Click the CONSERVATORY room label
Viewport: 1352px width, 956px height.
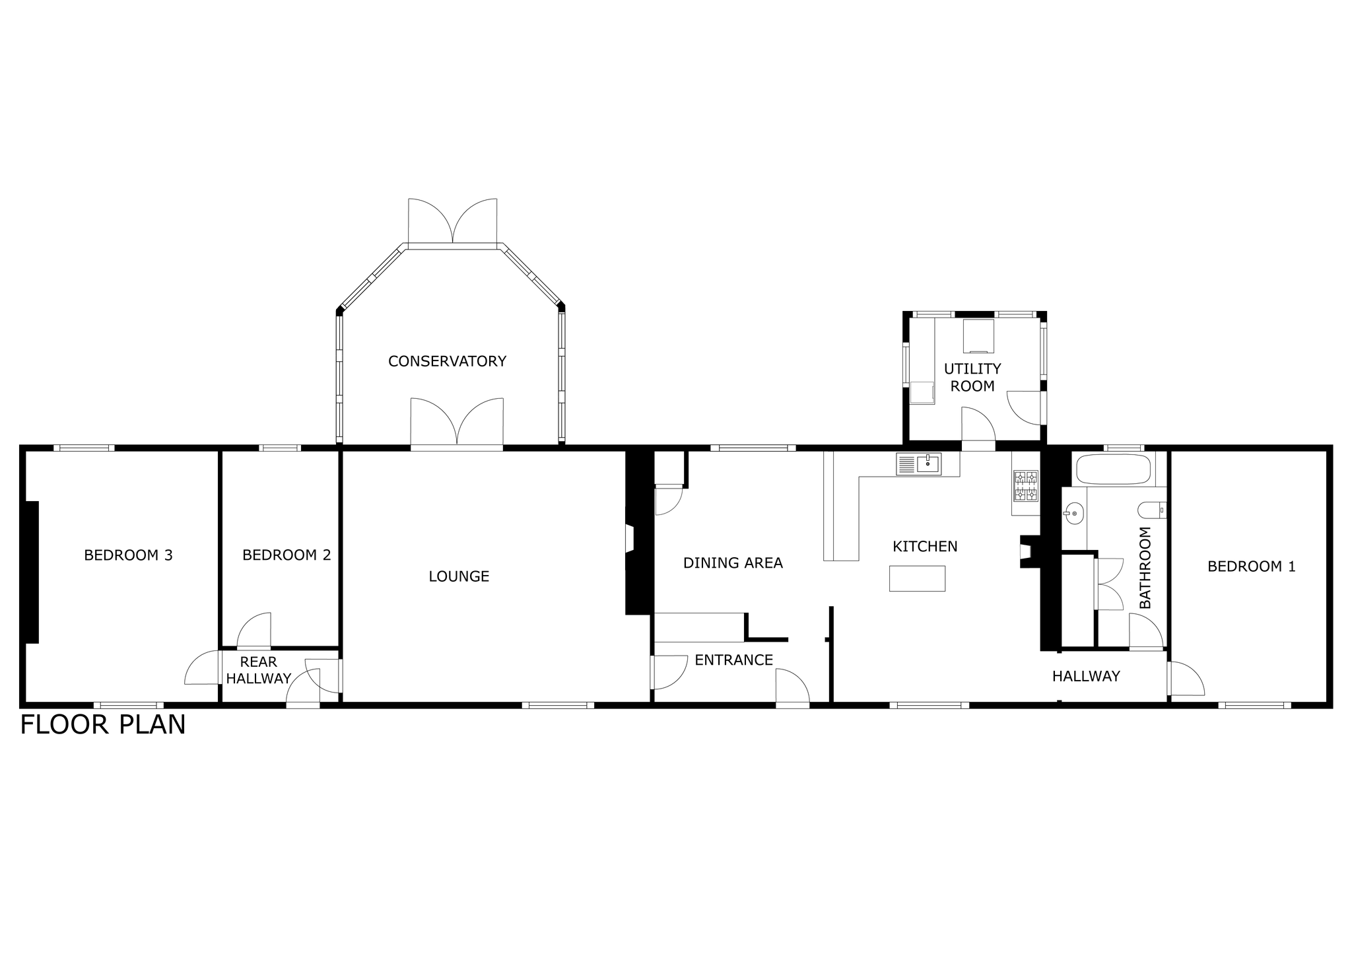point(447,361)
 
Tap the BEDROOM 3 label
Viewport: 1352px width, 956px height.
point(128,555)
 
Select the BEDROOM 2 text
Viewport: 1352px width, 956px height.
point(287,555)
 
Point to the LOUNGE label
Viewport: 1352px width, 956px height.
point(459,576)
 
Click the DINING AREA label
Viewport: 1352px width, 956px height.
point(733,563)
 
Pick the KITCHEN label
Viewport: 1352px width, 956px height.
point(925,547)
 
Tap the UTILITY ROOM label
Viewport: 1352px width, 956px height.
point(972,378)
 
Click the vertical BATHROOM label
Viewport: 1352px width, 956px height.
point(1145,568)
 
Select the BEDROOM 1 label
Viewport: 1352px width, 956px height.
point(1252,566)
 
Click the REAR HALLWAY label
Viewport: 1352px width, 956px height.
point(258,670)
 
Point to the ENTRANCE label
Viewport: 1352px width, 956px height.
point(733,660)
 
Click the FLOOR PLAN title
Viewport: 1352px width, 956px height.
point(103,725)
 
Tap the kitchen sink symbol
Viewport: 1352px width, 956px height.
point(918,463)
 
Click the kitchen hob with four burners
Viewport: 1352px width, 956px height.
point(1025,486)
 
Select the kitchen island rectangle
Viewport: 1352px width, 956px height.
point(917,578)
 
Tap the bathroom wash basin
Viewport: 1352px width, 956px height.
point(1074,512)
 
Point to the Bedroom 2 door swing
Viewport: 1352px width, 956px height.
point(254,630)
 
